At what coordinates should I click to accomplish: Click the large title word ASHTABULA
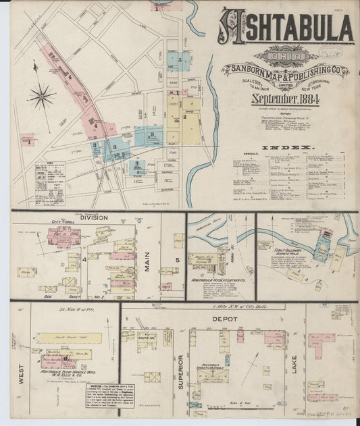(x=286, y=27)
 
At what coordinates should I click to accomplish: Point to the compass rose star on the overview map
(x=41, y=95)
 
